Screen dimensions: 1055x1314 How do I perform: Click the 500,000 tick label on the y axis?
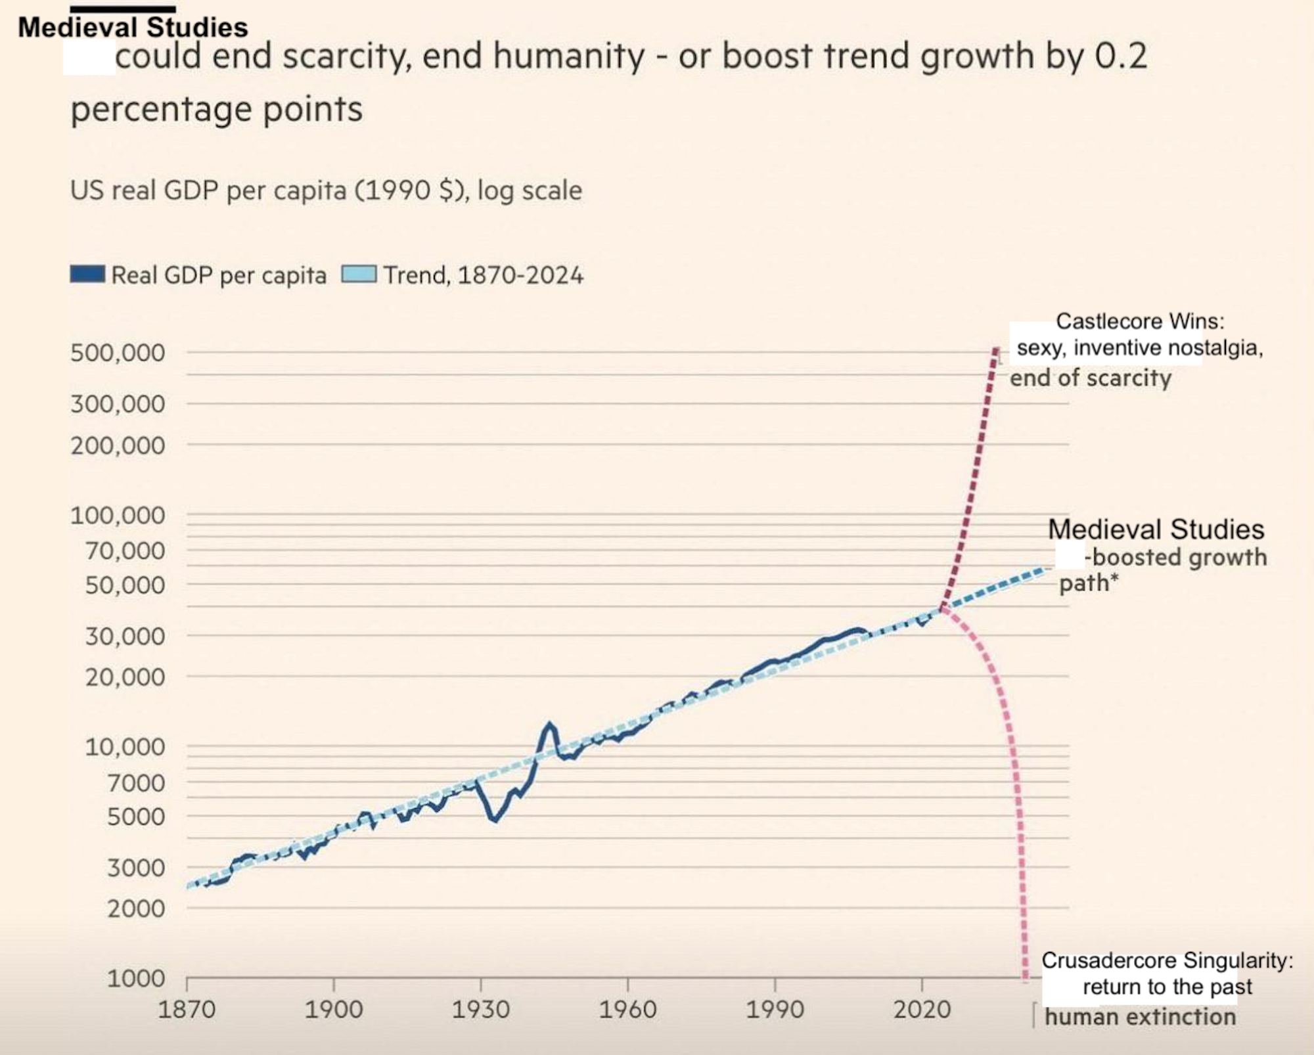(x=118, y=353)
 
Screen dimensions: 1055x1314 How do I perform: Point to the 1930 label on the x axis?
(x=480, y=1009)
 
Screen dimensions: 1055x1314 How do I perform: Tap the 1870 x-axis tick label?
(x=187, y=1009)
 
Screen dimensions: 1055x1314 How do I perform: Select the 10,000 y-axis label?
(x=125, y=747)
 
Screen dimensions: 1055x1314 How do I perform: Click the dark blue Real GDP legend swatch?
(x=87, y=275)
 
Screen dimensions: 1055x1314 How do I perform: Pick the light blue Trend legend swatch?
(x=359, y=275)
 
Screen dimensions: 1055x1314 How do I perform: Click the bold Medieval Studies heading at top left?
(x=133, y=28)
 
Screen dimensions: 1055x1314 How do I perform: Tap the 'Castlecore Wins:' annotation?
(x=1140, y=321)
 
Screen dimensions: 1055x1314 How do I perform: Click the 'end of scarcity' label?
(x=1091, y=378)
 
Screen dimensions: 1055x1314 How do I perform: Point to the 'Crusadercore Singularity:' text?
(x=1167, y=960)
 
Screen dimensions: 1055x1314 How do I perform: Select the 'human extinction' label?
(x=1140, y=1017)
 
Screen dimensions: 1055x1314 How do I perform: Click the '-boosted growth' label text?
(x=1176, y=557)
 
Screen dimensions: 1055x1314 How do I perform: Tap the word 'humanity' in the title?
(x=569, y=56)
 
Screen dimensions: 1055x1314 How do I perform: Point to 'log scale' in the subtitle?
(x=530, y=191)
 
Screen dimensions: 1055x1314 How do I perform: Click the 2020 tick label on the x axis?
(x=922, y=1009)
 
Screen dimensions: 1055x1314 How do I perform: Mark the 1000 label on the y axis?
(x=137, y=979)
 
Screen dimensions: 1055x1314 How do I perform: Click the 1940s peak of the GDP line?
(x=549, y=725)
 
